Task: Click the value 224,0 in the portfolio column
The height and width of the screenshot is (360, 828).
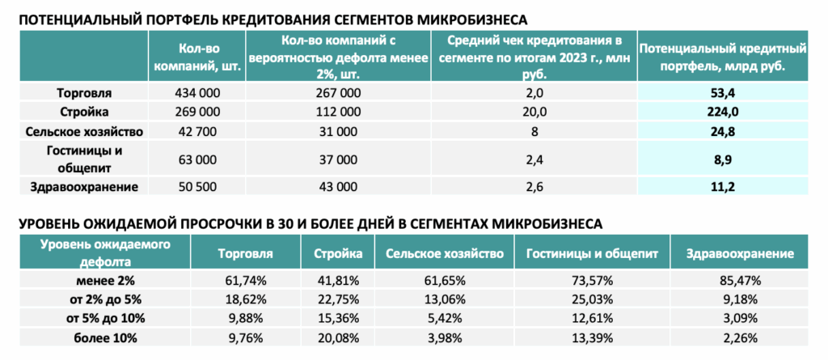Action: [722, 112]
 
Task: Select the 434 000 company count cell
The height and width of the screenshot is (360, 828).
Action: [196, 93]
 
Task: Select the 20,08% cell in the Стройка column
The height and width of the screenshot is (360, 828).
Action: [338, 337]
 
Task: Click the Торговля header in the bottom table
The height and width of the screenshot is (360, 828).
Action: [245, 254]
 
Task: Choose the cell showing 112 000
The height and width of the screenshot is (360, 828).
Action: [339, 112]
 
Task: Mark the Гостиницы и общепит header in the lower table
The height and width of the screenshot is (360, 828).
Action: [592, 254]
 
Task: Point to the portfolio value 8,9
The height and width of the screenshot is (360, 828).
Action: [722, 158]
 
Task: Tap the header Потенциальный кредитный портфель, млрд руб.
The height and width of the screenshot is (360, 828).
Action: [722, 57]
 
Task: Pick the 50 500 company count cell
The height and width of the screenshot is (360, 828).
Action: [196, 187]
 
